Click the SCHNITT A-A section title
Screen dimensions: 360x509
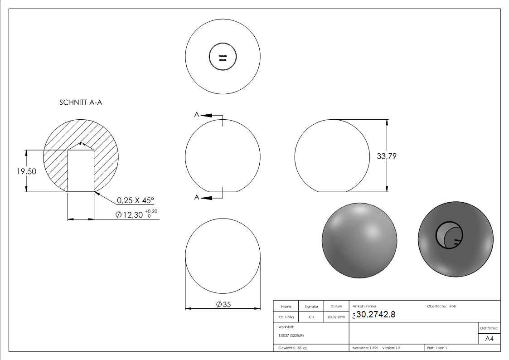coord(81,102)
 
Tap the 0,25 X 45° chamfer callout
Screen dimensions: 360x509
coord(136,200)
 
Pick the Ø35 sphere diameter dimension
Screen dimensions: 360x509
coord(223,305)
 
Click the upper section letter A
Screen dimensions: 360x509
coord(197,115)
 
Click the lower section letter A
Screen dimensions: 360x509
coord(197,197)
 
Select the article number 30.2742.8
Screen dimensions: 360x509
coord(375,315)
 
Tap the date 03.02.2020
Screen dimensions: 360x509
coord(336,317)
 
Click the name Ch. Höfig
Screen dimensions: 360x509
coord(286,317)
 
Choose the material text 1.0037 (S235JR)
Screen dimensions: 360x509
coord(291,335)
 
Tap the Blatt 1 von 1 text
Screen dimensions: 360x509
coord(436,348)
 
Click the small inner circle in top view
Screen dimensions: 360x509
coord(223,57)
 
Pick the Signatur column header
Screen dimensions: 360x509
coord(311,306)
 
